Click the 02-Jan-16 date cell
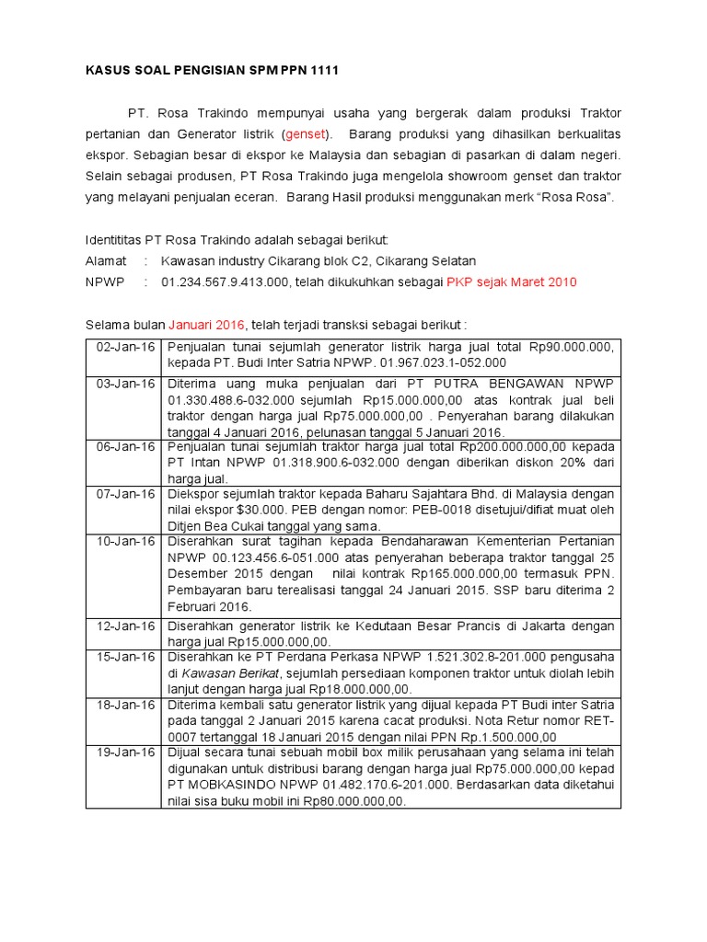tap(123, 347)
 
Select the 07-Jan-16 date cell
tap(123, 495)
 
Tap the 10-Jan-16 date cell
tap(123, 542)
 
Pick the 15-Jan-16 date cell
tap(123, 657)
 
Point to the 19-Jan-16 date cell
tap(123, 752)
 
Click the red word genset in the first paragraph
tap(311, 134)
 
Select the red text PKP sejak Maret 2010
tap(512, 281)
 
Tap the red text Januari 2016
tap(206, 325)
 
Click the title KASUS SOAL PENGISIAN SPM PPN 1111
tap(206, 72)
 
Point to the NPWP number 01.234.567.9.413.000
tap(226, 281)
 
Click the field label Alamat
tap(106, 261)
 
